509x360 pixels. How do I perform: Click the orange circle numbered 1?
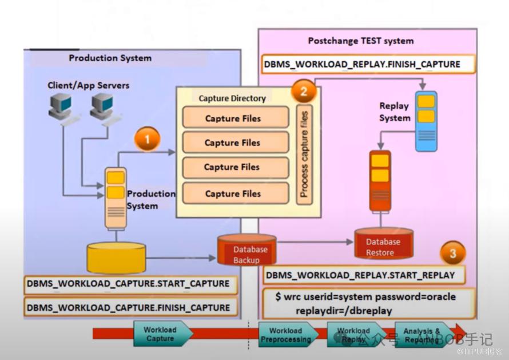pyautogui.click(x=147, y=139)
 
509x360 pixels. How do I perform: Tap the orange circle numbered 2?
pyautogui.click(x=304, y=90)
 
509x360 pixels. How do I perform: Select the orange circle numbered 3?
pyautogui.click(x=453, y=253)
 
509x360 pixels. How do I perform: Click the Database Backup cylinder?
pyautogui.click(x=246, y=250)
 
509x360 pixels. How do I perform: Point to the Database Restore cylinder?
pyautogui.click(x=383, y=245)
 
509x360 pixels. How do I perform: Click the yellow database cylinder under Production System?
pyautogui.click(x=117, y=258)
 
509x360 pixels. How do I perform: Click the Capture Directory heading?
pyautogui.click(x=232, y=98)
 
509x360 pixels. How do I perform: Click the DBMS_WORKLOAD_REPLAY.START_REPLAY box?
pyautogui.click(x=360, y=275)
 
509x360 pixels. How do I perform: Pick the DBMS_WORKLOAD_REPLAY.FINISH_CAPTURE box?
pyautogui.click(x=362, y=64)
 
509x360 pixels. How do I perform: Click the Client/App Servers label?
pyautogui.click(x=88, y=85)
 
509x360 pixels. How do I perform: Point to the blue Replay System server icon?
pyautogui.click(x=426, y=121)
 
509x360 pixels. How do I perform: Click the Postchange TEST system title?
pyautogui.click(x=360, y=41)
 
